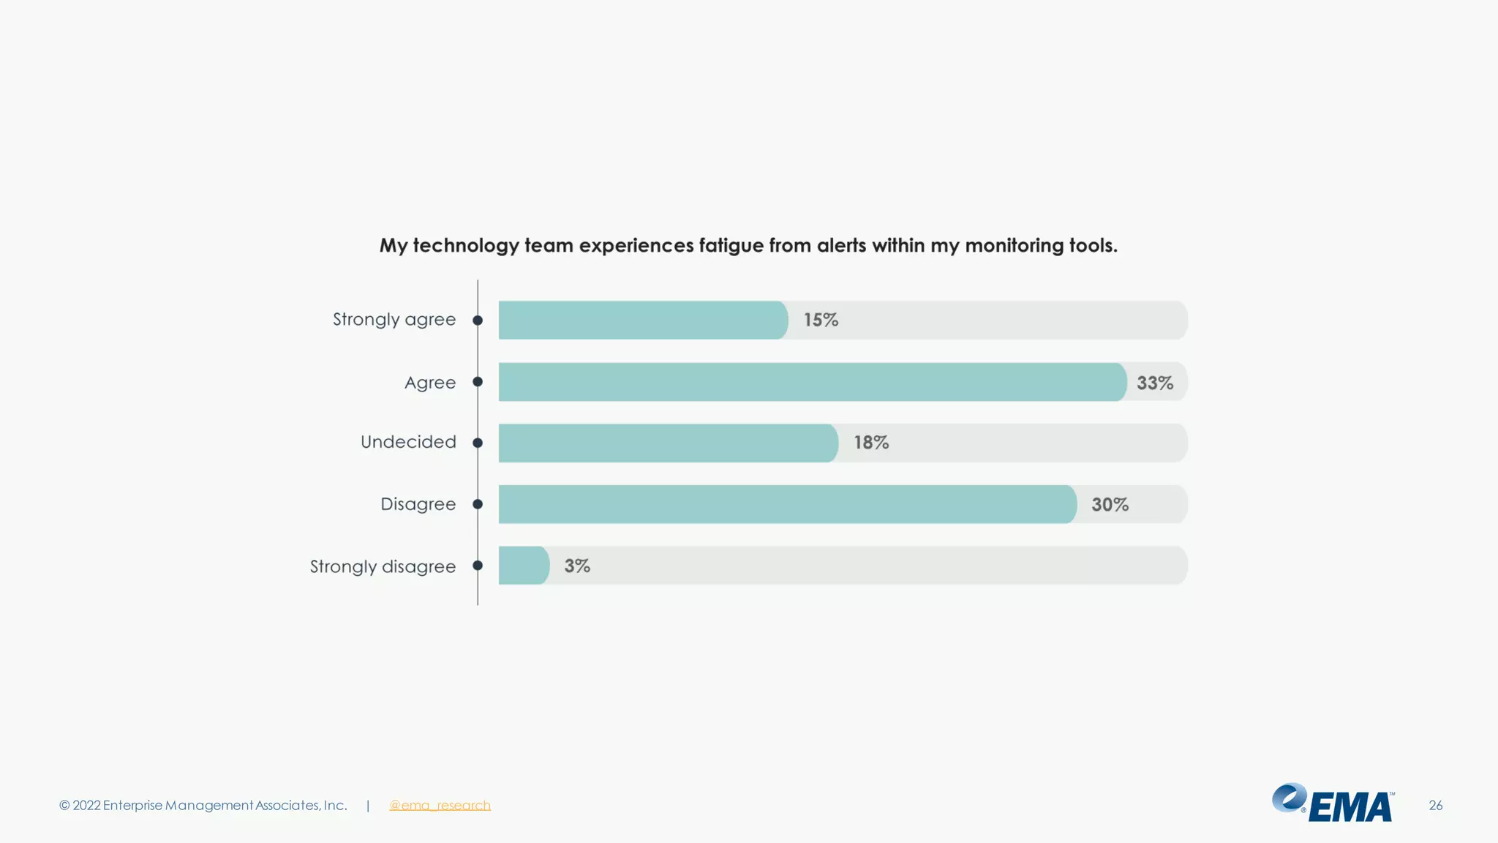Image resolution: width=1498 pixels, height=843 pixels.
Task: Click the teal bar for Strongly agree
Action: (x=642, y=320)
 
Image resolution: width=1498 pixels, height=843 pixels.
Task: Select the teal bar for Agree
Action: (x=812, y=382)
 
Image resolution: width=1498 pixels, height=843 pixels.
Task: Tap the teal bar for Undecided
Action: (x=668, y=443)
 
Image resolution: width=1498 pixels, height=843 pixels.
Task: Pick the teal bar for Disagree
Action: (x=787, y=504)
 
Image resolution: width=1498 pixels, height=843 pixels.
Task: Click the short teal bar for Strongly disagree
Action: (x=523, y=565)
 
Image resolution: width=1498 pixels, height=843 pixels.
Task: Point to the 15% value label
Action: (x=821, y=320)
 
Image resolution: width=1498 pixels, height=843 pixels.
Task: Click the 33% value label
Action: (x=1155, y=383)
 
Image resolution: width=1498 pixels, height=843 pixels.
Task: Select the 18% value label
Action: (x=871, y=443)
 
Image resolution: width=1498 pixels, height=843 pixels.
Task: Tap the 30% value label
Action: (x=1110, y=504)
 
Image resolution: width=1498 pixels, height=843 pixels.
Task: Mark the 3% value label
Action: (x=577, y=566)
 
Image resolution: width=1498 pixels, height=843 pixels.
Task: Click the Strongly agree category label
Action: (x=394, y=320)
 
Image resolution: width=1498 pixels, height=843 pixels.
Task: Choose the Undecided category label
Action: (x=408, y=442)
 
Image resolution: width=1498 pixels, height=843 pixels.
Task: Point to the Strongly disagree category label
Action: (x=383, y=566)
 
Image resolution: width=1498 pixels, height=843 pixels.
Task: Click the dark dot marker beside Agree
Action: (x=478, y=382)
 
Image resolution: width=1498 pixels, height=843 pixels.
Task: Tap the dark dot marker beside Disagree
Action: (x=478, y=504)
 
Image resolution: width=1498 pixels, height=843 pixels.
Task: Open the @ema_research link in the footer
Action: (x=440, y=805)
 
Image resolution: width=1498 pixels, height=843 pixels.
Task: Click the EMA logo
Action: (x=1333, y=803)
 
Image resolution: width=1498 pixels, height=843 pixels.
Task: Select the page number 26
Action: (x=1435, y=805)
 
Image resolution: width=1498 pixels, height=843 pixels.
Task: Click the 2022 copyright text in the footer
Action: (x=203, y=805)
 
